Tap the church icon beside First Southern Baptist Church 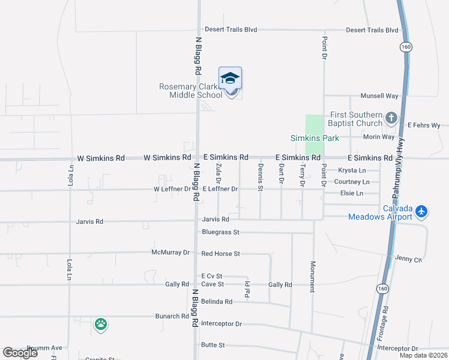pyautogui.click(x=391, y=118)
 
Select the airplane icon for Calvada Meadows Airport pyautogui.click(x=421, y=211)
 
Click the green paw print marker pyautogui.click(x=101, y=325)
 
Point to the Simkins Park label pyautogui.click(x=315, y=138)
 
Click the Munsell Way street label pyautogui.click(x=379, y=95)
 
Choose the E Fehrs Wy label pyautogui.click(x=424, y=125)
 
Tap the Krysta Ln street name pyautogui.click(x=352, y=170)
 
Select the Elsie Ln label pyautogui.click(x=351, y=193)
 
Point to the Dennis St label pyautogui.click(x=261, y=176)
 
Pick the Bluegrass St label pyautogui.click(x=220, y=232)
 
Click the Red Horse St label pyautogui.click(x=220, y=254)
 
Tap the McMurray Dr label pyautogui.click(x=170, y=253)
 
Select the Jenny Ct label pyautogui.click(x=409, y=259)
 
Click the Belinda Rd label pyautogui.click(x=217, y=302)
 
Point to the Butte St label pyautogui.click(x=212, y=345)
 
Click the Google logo pyautogui.click(x=20, y=353)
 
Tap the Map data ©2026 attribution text pyautogui.click(x=423, y=355)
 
